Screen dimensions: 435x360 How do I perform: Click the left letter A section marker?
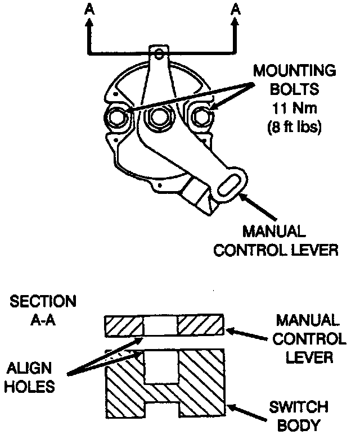click(88, 8)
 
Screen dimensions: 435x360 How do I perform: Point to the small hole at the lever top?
click(159, 54)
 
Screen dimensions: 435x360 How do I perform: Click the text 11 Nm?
click(294, 107)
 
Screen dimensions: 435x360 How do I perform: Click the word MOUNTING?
click(294, 71)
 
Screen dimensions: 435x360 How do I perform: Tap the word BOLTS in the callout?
click(294, 89)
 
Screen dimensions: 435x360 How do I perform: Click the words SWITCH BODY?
click(307, 415)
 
